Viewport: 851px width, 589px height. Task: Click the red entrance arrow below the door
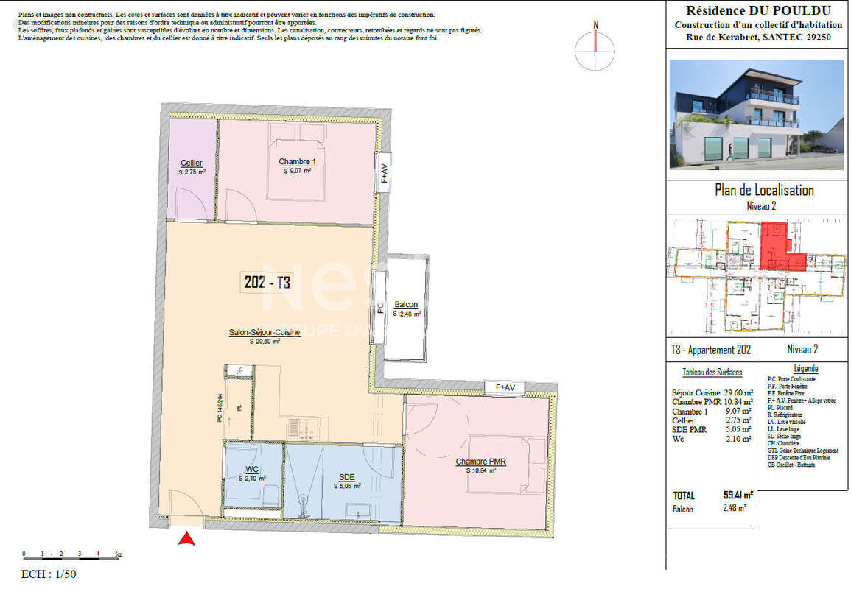click(x=188, y=539)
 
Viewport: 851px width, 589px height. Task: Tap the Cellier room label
click(x=192, y=163)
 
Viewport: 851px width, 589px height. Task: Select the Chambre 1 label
click(x=297, y=162)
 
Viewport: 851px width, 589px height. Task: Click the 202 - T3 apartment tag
click(x=267, y=282)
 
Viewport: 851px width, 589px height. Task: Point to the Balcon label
click(x=406, y=305)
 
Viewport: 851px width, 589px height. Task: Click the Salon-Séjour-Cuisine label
click(x=265, y=333)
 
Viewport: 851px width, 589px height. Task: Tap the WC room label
click(x=252, y=469)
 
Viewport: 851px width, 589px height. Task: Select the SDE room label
click(x=346, y=477)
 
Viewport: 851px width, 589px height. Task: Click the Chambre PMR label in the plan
click(x=479, y=462)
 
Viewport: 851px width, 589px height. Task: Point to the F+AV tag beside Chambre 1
click(x=383, y=172)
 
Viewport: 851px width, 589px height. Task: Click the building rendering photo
click(x=756, y=115)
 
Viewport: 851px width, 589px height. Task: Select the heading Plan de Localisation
click(x=764, y=191)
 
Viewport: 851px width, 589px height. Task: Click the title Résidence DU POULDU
click(x=758, y=10)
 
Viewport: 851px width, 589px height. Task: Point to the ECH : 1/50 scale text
click(x=49, y=575)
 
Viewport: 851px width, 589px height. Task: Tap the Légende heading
click(x=805, y=368)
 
